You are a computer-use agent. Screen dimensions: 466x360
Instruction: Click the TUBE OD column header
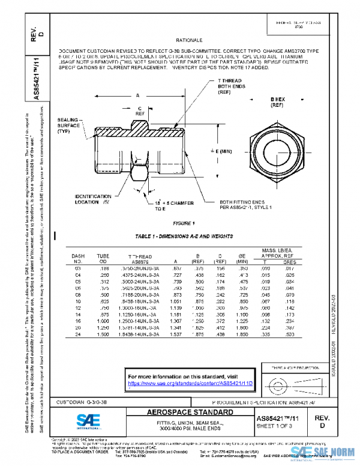[x=103, y=259]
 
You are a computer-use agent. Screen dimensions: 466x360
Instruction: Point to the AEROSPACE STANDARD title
[x=189, y=413]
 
